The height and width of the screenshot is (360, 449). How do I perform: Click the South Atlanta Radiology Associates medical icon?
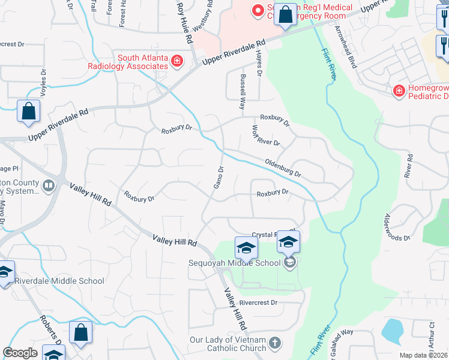click(176, 61)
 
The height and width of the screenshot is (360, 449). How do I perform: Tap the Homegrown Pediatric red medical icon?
click(398, 91)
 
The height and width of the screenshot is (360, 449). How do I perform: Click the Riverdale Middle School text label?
click(59, 281)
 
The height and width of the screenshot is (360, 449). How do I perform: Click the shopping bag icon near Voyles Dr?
click(28, 112)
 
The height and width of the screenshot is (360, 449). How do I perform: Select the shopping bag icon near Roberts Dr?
click(80, 332)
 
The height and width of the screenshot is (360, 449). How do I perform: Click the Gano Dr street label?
click(219, 178)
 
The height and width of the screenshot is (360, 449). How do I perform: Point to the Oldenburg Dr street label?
click(283, 167)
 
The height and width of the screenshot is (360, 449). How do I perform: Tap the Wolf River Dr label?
click(265, 136)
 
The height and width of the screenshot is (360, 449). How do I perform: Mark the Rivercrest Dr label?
click(258, 303)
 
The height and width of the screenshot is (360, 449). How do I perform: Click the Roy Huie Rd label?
click(185, 22)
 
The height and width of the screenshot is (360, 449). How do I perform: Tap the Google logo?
click(20, 353)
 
